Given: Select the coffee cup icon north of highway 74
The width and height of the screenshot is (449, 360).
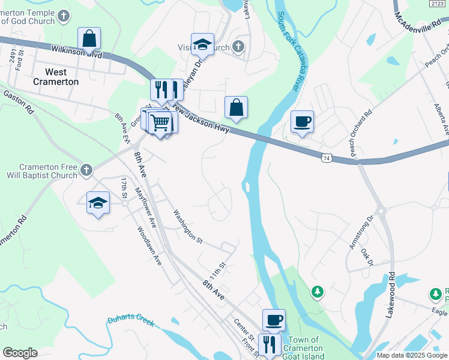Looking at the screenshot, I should (302, 122).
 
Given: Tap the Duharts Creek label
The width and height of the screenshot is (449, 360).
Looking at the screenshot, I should (131, 320).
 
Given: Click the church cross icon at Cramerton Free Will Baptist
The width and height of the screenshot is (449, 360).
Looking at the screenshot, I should (86, 170).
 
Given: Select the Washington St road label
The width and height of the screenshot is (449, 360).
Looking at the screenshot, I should (187, 226).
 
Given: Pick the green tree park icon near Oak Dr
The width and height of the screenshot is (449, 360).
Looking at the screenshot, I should (317, 292).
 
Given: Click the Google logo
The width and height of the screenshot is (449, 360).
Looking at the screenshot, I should (20, 353).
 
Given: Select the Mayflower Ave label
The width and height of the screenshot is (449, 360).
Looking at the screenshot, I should (145, 208).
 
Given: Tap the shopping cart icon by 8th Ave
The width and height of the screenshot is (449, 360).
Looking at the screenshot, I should (161, 123).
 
